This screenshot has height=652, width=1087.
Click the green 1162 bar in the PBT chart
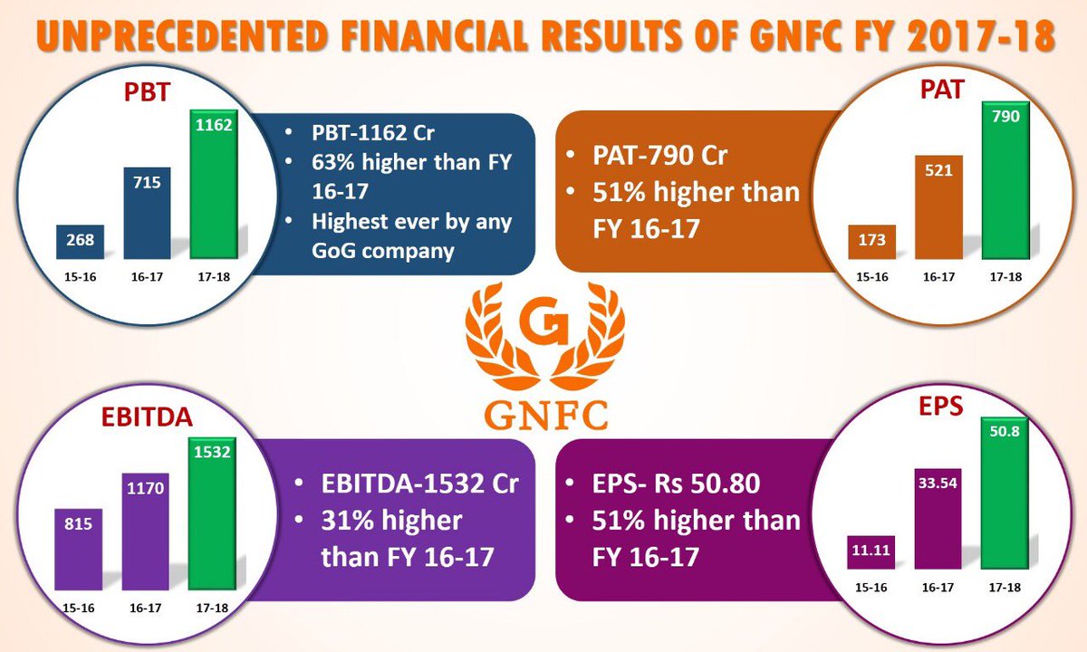(214, 185)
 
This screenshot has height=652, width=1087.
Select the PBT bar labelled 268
(80, 242)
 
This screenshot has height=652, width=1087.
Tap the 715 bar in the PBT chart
(147, 213)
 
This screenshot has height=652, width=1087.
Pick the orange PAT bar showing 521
(938, 207)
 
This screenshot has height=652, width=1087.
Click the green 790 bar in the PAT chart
(1005, 180)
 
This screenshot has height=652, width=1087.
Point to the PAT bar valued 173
(872, 242)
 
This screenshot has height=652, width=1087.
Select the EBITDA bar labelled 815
(78, 549)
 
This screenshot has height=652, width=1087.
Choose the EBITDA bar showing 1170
(145, 532)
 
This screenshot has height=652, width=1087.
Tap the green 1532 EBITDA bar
(212, 513)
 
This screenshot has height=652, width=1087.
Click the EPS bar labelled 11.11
(871, 552)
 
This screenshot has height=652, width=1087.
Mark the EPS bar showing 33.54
(938, 519)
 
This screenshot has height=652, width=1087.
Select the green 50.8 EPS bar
(1005, 493)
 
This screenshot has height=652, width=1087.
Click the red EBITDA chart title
(147, 417)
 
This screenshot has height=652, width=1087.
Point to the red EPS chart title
(940, 407)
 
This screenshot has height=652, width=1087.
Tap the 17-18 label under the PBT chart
(214, 277)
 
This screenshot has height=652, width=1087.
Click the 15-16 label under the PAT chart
(872, 277)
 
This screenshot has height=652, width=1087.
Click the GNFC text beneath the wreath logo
(545, 416)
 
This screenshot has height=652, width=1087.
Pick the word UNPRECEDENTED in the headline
(180, 35)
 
